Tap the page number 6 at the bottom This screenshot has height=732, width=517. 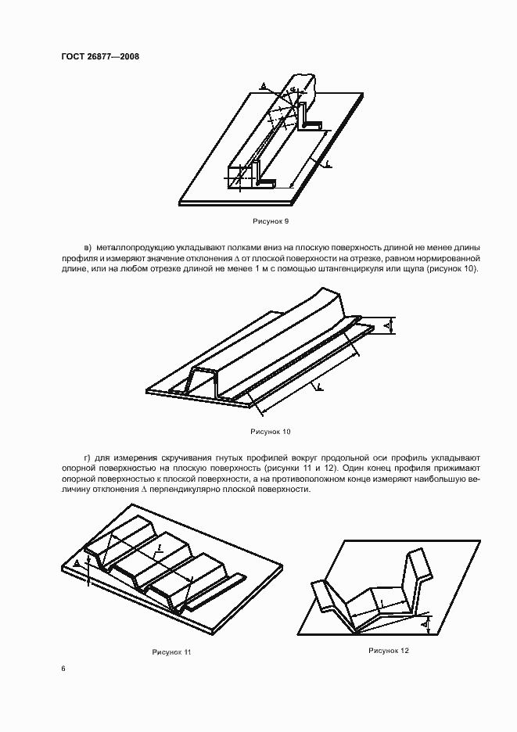click(63, 668)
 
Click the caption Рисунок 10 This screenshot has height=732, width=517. click(271, 431)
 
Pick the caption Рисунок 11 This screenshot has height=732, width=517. click(171, 651)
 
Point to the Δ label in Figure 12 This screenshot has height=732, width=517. click(425, 625)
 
